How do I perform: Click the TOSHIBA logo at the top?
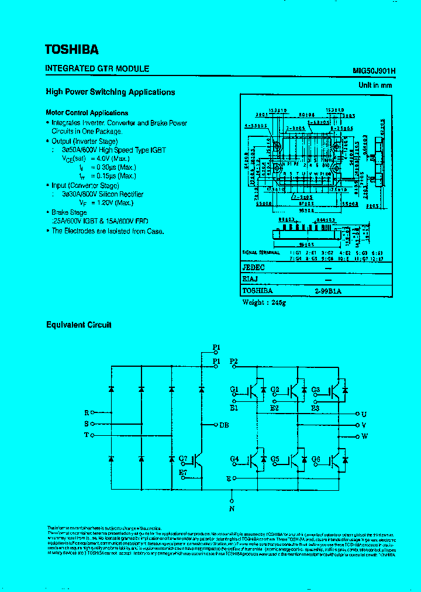tap(72, 49)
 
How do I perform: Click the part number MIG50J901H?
tap(374, 70)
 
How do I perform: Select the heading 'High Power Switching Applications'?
tap(111, 92)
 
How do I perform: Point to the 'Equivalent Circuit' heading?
tap(79, 325)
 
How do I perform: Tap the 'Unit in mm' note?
tap(375, 85)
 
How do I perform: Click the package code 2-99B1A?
tap(327, 290)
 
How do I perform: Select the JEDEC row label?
tap(254, 268)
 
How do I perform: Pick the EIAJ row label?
tap(251, 279)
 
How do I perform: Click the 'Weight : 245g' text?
tap(264, 302)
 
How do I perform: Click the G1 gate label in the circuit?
tap(234, 389)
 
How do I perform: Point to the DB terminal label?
tap(224, 425)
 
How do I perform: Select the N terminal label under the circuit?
tap(232, 509)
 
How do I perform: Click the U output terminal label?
tap(364, 414)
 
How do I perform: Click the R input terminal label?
tap(87, 413)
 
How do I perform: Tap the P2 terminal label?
tap(234, 362)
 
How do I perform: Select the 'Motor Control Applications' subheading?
tap(87, 113)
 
